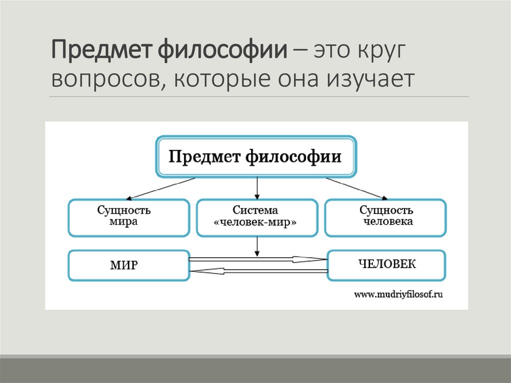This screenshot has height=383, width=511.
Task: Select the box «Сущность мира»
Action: (x=129, y=217)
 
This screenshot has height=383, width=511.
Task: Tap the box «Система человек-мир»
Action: (x=256, y=217)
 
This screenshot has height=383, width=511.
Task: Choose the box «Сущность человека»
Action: (x=385, y=217)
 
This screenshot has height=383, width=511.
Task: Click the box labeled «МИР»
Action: (x=129, y=265)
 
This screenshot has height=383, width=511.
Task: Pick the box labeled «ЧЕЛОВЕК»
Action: (x=386, y=264)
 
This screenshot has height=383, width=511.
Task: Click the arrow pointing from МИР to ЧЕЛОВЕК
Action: (x=257, y=259)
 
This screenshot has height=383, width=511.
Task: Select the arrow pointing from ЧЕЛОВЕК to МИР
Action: (x=257, y=271)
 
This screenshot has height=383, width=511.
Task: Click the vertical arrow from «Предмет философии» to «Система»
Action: (x=257, y=188)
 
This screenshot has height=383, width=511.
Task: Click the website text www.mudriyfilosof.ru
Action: (x=399, y=295)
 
